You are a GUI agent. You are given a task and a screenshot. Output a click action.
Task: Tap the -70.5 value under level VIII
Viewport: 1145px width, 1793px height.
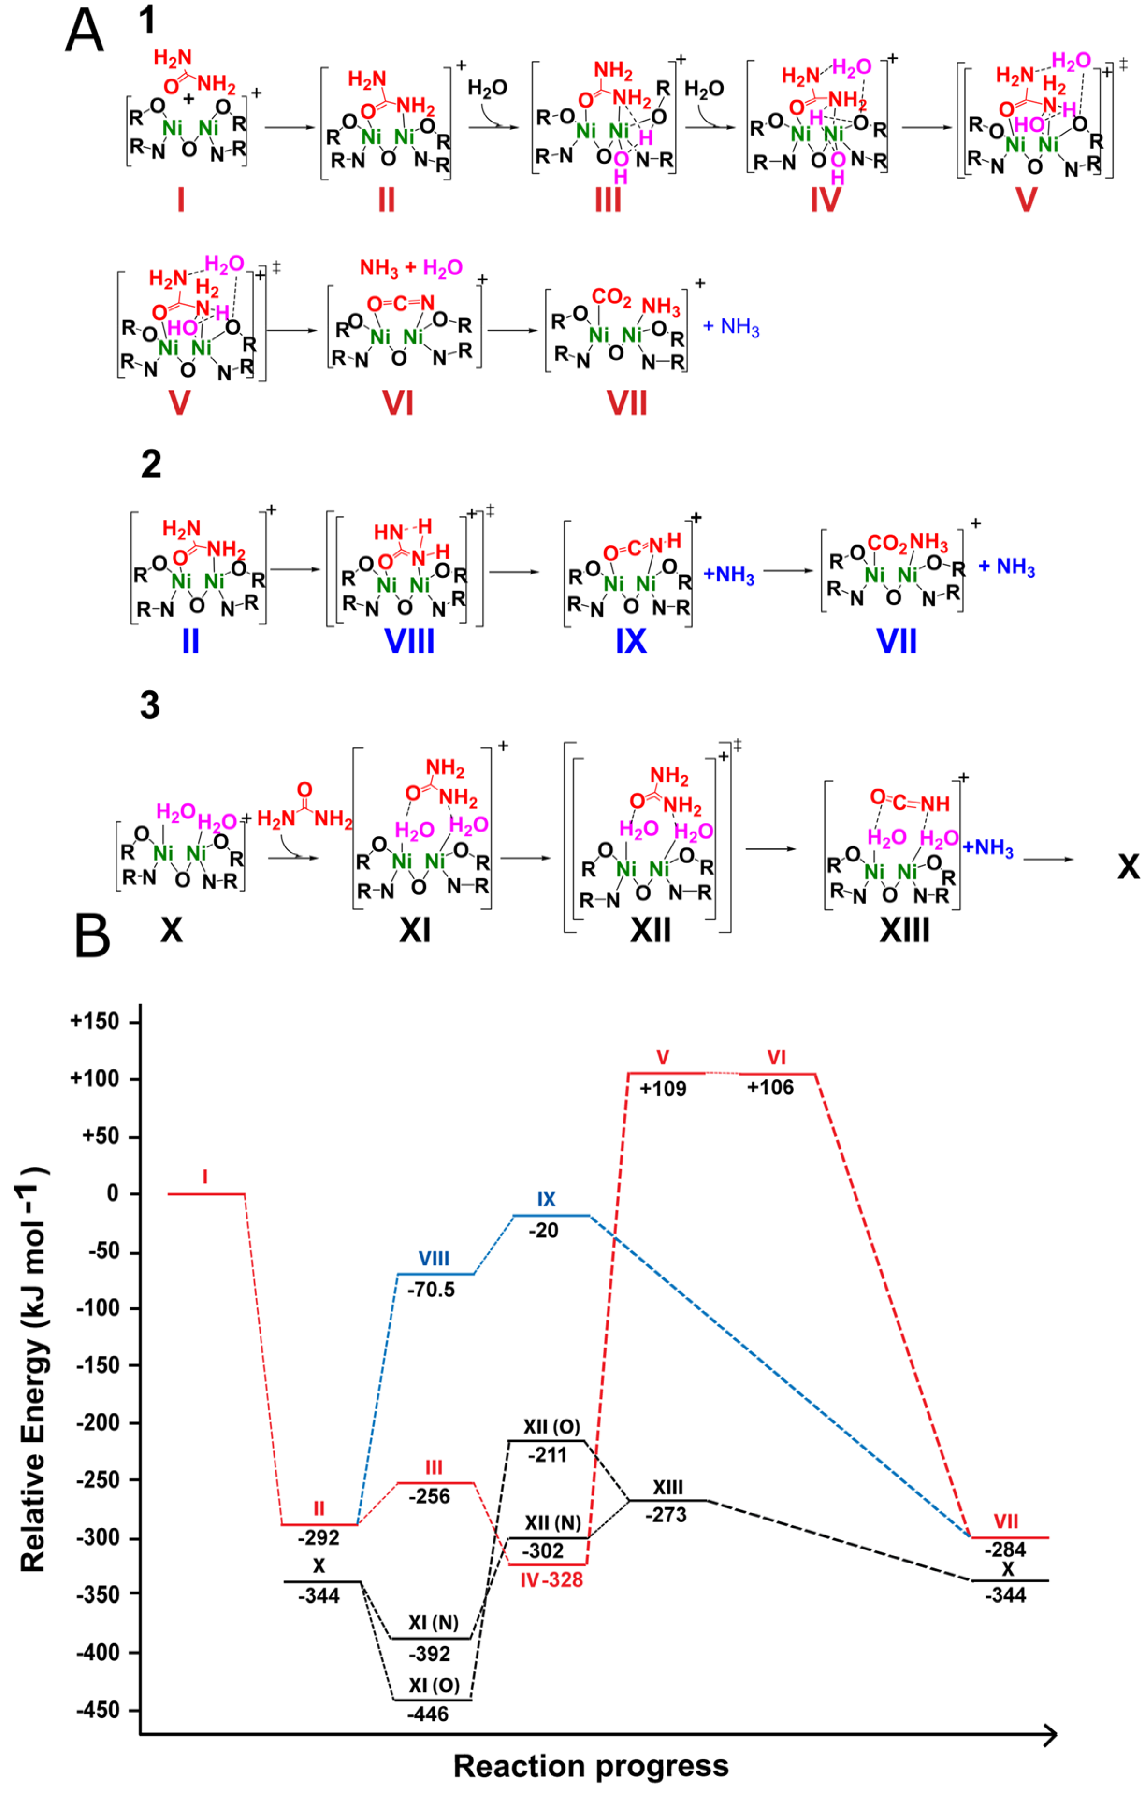(431, 1289)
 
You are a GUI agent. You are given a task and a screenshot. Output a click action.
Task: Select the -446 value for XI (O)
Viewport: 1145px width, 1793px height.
(428, 1714)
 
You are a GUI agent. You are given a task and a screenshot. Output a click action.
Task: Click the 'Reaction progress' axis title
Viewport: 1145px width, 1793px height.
(591, 1765)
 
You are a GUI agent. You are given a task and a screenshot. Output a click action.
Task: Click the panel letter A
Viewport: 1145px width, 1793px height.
(84, 31)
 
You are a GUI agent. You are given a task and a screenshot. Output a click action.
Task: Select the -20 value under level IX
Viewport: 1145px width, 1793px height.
(544, 1230)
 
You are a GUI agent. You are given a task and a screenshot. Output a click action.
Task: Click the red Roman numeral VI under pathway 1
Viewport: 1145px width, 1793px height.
(398, 403)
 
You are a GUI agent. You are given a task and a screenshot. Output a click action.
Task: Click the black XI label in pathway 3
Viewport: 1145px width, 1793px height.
(415, 929)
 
